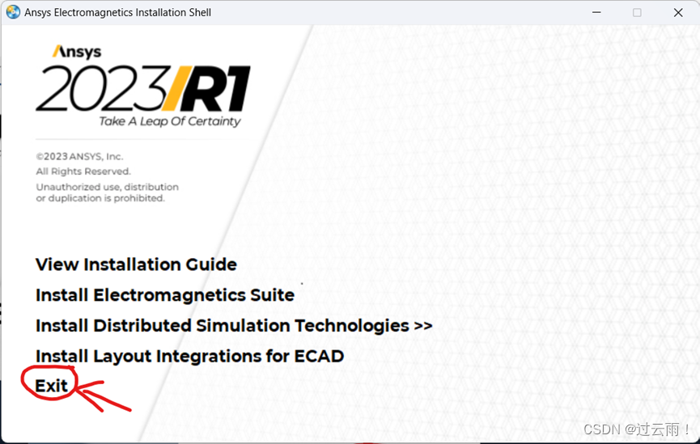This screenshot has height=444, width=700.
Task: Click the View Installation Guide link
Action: pyautogui.click(x=136, y=264)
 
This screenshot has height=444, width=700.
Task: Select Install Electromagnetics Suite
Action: pyautogui.click(x=165, y=295)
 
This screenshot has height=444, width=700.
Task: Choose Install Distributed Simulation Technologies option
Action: pyautogui.click(x=234, y=326)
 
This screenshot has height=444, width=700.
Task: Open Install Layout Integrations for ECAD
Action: pyautogui.click(x=189, y=356)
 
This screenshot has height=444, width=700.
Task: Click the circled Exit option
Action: pyautogui.click(x=51, y=386)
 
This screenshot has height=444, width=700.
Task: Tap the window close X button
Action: pyautogui.click(x=678, y=12)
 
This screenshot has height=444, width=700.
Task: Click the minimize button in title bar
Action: pyautogui.click(x=596, y=12)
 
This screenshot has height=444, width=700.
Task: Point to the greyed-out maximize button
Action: pyautogui.click(x=637, y=12)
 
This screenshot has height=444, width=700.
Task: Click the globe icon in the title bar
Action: pyautogui.click(x=13, y=12)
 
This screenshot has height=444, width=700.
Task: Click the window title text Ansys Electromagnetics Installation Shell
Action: pyautogui.click(x=118, y=12)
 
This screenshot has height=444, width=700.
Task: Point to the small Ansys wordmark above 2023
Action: pyautogui.click(x=77, y=52)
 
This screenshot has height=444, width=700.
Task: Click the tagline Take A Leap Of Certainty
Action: pyautogui.click(x=170, y=121)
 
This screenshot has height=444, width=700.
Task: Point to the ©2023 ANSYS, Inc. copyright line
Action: pyautogui.click(x=79, y=157)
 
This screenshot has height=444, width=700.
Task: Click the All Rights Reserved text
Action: pyautogui.click(x=83, y=171)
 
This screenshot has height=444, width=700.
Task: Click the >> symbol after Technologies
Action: pyautogui.click(x=422, y=326)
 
